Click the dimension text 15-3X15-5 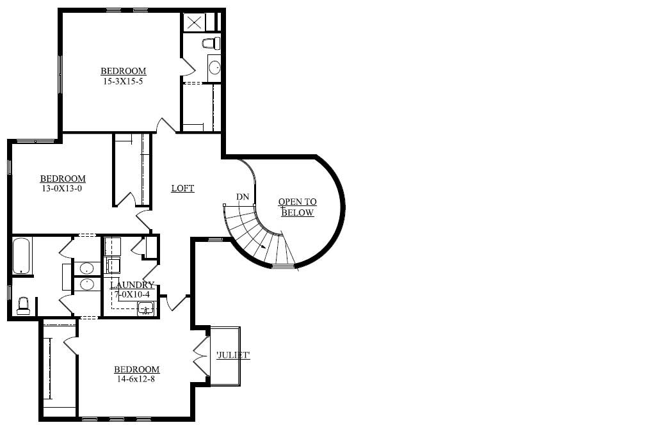click(x=123, y=81)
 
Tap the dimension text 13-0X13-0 click(x=63, y=189)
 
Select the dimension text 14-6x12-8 click(x=136, y=379)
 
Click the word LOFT click(x=182, y=188)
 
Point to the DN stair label click(x=242, y=196)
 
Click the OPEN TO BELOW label click(x=297, y=207)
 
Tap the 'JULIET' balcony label click(x=232, y=356)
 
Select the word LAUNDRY click(x=132, y=285)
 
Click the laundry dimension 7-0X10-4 click(x=131, y=294)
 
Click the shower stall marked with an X click(x=194, y=22)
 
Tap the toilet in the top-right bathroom click(x=211, y=44)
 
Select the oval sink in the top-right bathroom click(x=214, y=67)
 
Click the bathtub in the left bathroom click(x=22, y=256)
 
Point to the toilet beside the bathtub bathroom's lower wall click(x=23, y=305)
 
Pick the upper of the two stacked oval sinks click(x=86, y=268)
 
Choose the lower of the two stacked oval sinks click(x=86, y=284)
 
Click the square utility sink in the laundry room click(x=146, y=308)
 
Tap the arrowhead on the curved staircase click(x=264, y=246)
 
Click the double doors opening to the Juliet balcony click(x=201, y=355)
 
